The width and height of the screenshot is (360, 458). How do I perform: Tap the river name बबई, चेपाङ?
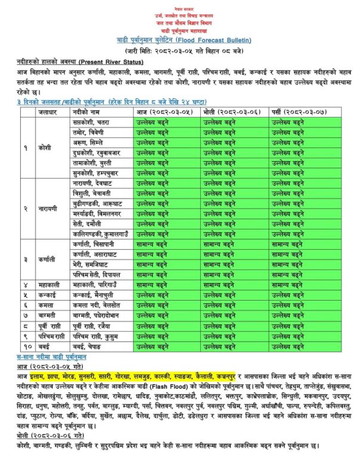click(89, 345)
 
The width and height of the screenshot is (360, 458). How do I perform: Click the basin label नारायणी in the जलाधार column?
click(48, 208)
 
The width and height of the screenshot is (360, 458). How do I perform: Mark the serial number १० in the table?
click(27, 345)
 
